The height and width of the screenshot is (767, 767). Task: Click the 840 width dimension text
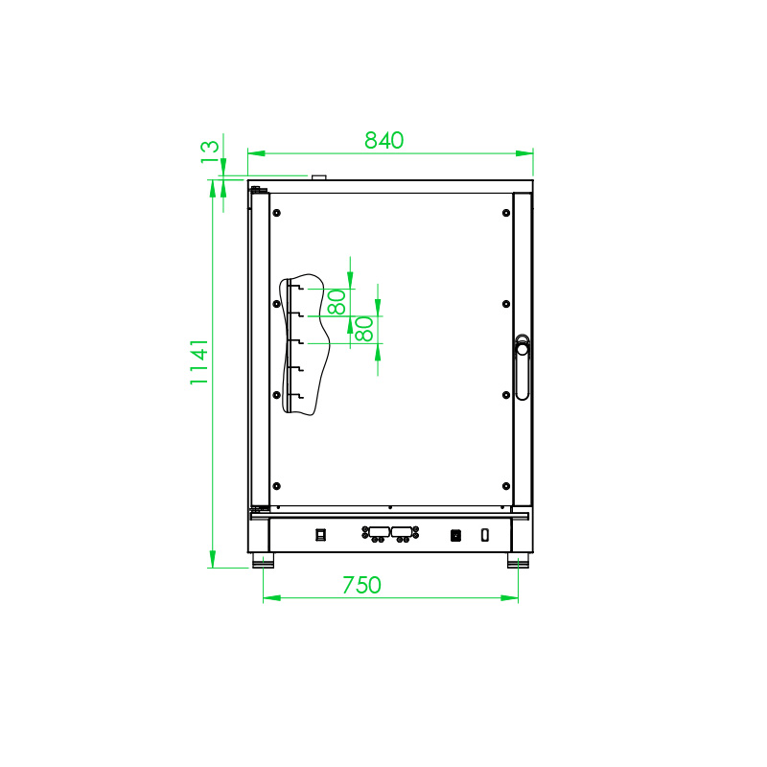[x=383, y=140]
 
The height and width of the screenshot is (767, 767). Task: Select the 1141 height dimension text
[x=198, y=361]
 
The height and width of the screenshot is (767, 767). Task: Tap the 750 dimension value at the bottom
[x=361, y=585]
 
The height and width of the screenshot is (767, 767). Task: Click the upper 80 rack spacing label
[x=337, y=302]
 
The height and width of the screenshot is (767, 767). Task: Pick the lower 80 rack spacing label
[x=364, y=330]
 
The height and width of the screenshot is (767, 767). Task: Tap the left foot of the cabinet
[x=262, y=560]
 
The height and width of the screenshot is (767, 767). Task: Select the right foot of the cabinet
[x=519, y=560]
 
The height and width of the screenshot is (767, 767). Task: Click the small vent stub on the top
[x=318, y=176]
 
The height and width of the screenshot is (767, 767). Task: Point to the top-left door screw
[x=276, y=212]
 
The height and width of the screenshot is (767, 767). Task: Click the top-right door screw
[x=505, y=212]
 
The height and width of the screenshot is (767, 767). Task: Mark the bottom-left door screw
[x=276, y=485]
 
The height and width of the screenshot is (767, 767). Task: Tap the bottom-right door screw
[x=505, y=485]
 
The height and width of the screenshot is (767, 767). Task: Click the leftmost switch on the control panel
[x=321, y=535]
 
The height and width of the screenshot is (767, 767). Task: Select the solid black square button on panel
[x=456, y=535]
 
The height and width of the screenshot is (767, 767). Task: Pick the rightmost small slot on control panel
[x=485, y=534]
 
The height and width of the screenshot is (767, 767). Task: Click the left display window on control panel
[x=377, y=531]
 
